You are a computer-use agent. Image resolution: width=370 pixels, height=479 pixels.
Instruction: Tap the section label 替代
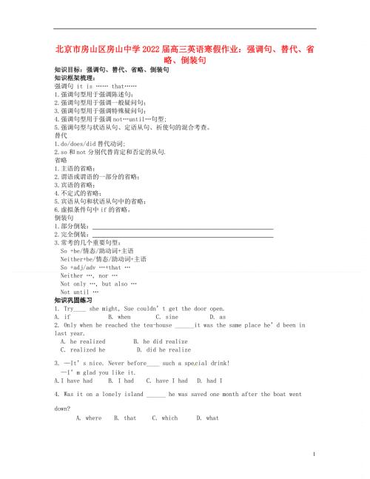pos(61,135)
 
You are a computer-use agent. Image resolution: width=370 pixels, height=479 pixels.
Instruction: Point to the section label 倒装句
pos(65,218)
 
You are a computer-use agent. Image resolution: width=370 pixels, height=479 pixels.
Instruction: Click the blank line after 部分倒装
pos(182,227)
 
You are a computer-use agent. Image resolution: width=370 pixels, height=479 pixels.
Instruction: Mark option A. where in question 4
pos(90,418)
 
